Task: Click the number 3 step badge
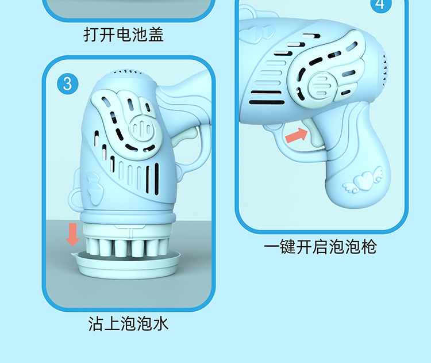click(68, 83)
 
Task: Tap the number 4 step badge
click(381, 5)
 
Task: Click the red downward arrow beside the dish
click(72, 234)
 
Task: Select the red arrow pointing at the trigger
click(297, 135)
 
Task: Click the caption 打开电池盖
click(124, 35)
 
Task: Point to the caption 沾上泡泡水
click(128, 323)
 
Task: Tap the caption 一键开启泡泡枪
click(320, 247)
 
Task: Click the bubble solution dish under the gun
click(127, 264)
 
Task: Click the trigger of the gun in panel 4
click(313, 132)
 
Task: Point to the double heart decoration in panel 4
click(257, 34)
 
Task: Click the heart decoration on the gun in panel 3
click(95, 187)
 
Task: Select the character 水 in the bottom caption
click(161, 323)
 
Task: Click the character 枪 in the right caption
click(369, 247)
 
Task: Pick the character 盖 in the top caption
click(156, 35)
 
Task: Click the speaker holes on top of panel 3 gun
click(126, 72)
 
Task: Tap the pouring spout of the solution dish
click(74, 255)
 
